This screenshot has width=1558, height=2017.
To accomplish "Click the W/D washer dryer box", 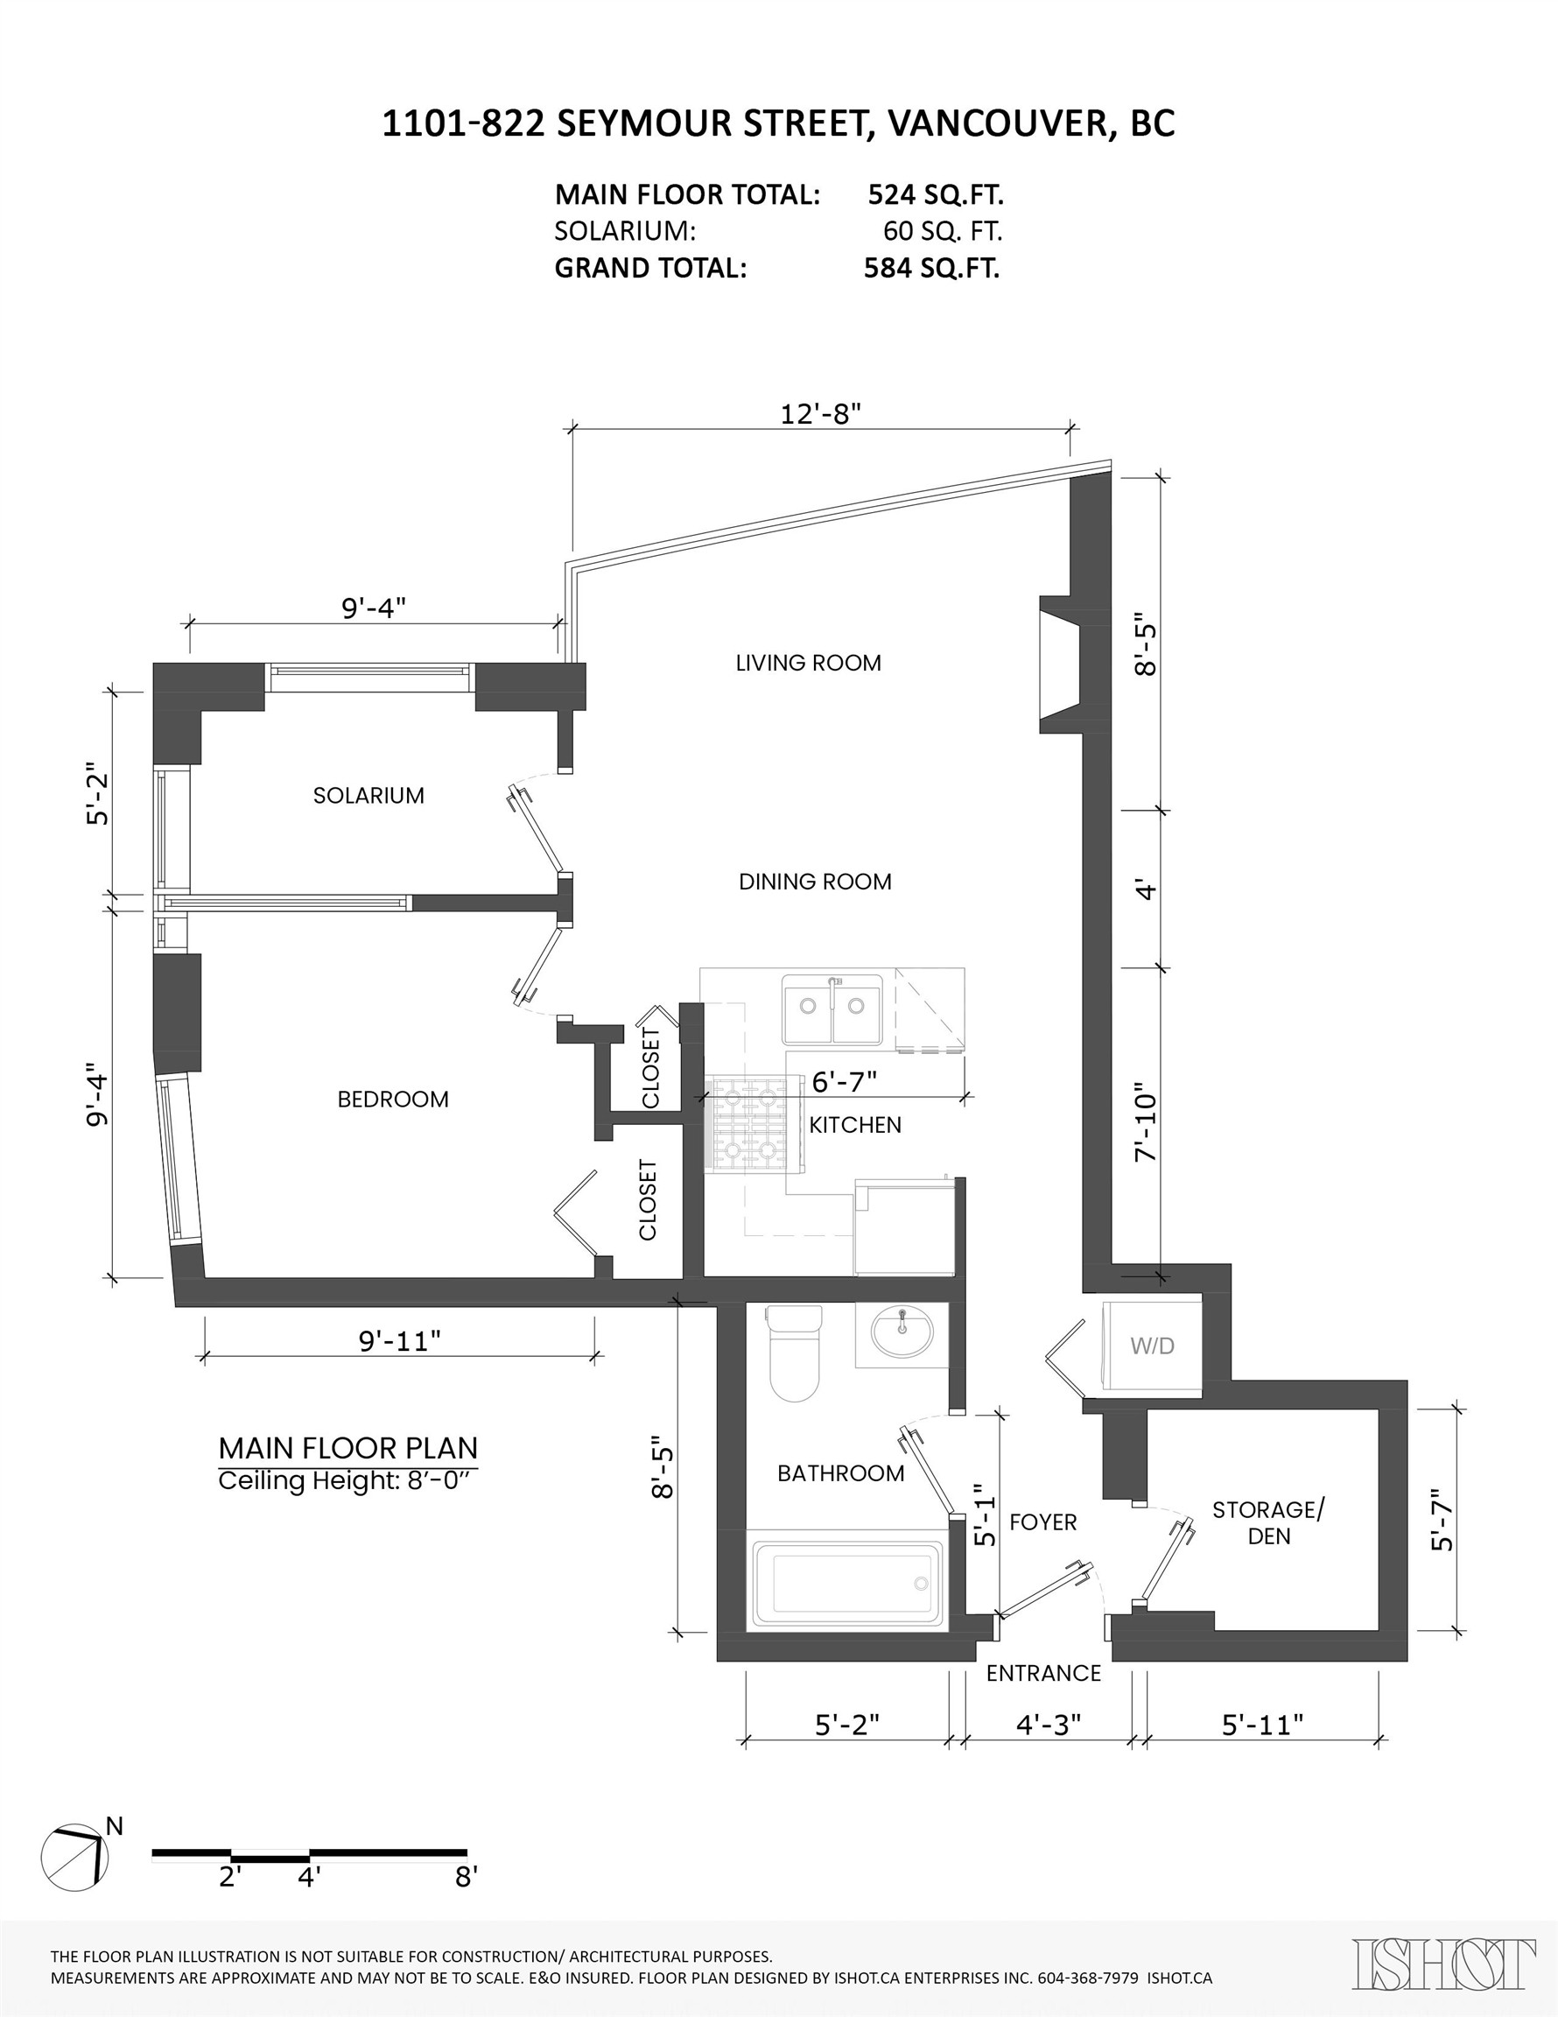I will point(1152,1346).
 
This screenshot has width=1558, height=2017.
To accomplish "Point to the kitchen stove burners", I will point(749,1124).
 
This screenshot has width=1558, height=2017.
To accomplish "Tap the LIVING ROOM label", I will point(808,663).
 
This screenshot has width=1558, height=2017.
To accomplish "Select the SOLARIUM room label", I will point(368,796).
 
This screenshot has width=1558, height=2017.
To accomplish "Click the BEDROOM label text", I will point(392,1100).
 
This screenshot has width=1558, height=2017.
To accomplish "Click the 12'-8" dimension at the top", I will point(820,414).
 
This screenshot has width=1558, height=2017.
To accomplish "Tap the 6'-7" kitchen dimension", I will point(844,1081).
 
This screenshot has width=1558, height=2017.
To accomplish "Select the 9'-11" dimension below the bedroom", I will point(399,1341).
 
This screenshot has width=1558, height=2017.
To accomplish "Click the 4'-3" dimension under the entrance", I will point(1049,1725).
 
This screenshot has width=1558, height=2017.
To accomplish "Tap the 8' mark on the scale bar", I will point(466,1878).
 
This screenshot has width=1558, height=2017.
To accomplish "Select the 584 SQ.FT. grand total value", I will point(931,269).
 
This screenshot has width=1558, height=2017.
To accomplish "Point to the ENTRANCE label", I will point(1043,1674).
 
